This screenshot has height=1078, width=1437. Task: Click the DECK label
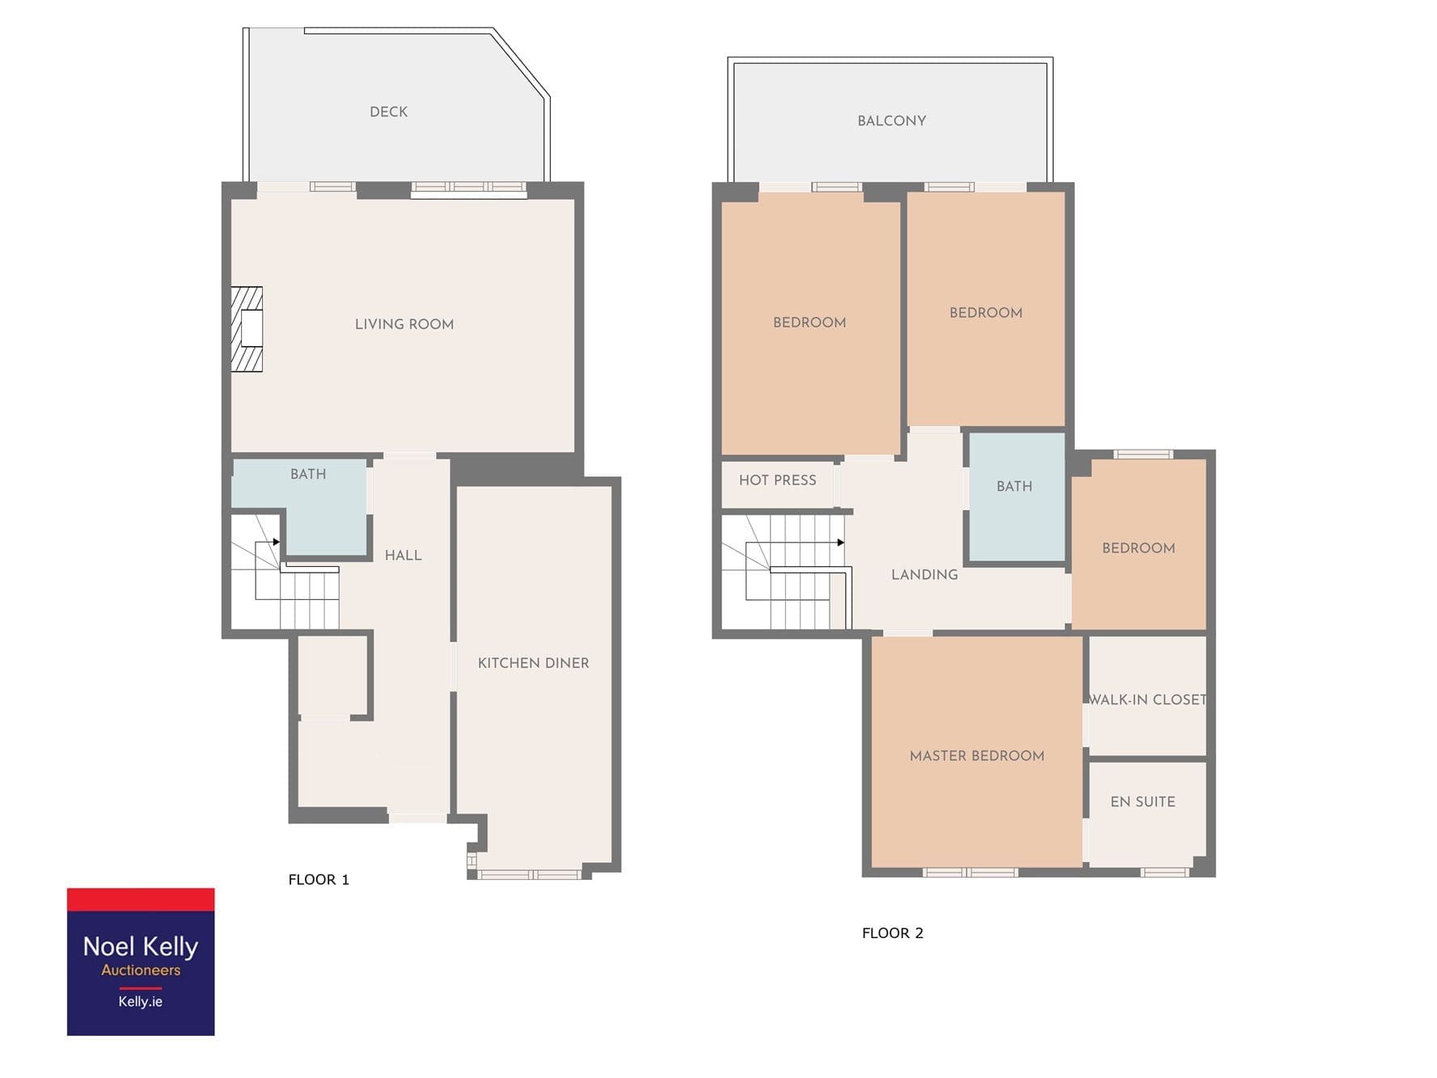click(x=388, y=112)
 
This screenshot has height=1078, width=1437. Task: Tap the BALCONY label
click(x=891, y=120)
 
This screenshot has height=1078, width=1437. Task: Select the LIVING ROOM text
click(x=404, y=324)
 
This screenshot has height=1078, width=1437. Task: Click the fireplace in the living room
click(x=247, y=329)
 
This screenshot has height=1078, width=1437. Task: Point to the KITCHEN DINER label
click(x=533, y=663)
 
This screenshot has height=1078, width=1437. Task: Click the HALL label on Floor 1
click(x=403, y=556)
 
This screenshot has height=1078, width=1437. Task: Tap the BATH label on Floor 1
click(x=308, y=474)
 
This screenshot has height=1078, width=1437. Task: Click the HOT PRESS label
click(x=777, y=480)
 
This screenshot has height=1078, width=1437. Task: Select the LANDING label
click(x=924, y=575)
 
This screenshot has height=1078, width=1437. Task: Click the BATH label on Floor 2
click(x=1014, y=487)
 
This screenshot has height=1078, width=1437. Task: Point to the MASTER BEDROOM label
click(x=977, y=756)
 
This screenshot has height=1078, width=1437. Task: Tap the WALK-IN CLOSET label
click(x=1147, y=700)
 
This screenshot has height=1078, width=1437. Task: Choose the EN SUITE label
click(x=1143, y=802)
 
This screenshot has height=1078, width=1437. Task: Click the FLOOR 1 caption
click(x=319, y=880)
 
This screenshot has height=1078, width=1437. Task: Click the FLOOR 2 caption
click(x=892, y=933)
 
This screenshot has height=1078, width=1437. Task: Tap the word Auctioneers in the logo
click(x=141, y=970)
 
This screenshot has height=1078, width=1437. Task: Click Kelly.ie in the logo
click(x=141, y=1001)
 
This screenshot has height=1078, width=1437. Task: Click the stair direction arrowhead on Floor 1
click(x=277, y=542)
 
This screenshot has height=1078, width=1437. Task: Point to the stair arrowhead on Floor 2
click(x=841, y=543)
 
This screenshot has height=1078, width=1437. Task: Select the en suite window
click(x=1164, y=872)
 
